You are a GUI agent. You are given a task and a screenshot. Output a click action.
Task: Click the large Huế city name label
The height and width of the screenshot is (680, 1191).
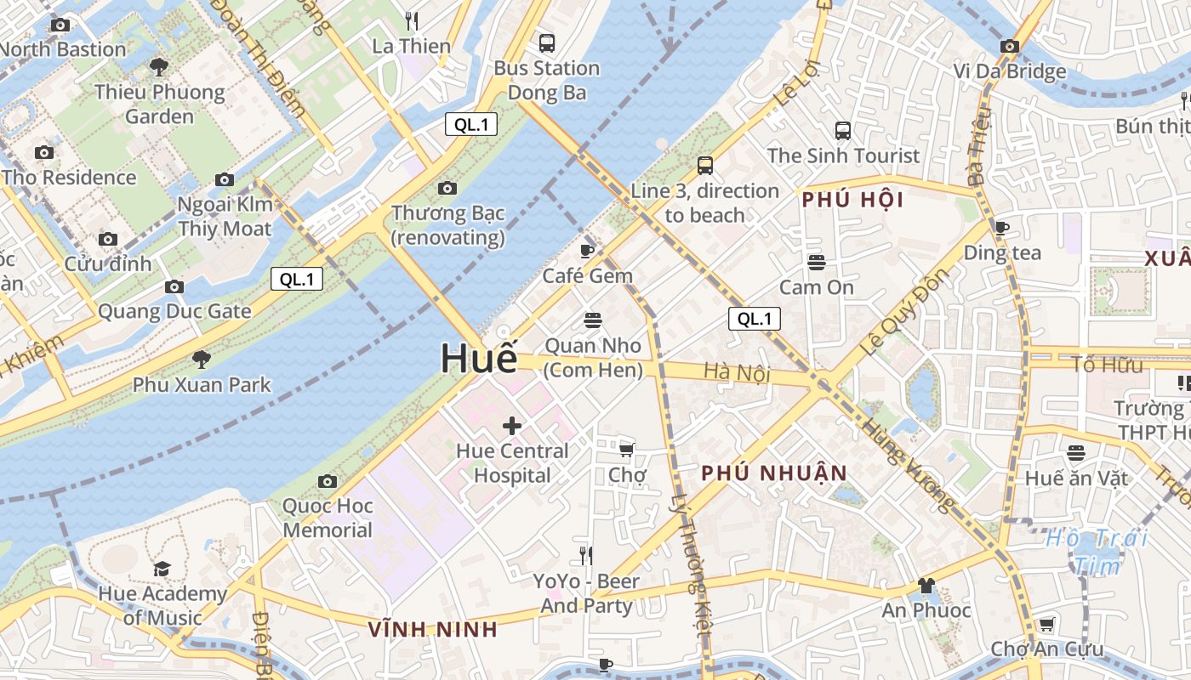478,358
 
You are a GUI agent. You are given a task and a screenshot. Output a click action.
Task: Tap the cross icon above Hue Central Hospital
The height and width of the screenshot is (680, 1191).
512,425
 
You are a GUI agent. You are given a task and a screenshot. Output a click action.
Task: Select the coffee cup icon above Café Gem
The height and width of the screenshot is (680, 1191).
587,251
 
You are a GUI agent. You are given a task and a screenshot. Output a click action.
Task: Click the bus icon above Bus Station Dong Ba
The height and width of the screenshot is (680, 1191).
547,42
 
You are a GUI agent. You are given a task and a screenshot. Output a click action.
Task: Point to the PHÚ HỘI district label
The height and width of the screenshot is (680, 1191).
852,201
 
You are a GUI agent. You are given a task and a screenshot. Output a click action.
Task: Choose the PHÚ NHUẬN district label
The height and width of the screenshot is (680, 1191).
774,473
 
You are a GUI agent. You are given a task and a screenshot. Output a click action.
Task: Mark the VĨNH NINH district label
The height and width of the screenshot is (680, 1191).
433,630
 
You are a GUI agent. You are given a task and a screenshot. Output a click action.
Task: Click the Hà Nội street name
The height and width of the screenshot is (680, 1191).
737,372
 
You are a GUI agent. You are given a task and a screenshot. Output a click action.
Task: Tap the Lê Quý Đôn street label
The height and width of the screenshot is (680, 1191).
903,313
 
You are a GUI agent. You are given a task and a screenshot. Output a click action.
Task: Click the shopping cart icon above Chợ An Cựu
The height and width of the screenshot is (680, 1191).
1046,625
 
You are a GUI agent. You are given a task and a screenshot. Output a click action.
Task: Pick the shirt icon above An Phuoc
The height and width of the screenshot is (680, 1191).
926,586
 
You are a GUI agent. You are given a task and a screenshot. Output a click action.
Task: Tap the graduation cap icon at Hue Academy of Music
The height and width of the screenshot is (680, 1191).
162,569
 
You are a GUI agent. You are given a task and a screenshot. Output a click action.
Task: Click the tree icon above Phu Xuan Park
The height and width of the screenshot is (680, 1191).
202,360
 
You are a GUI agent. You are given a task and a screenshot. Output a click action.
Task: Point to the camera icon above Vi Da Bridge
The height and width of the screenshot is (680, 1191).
1010,47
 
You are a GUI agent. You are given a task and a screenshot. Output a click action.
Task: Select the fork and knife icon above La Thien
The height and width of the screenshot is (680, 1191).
412,20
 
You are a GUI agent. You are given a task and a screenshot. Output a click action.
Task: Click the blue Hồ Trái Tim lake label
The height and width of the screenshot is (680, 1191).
1097,551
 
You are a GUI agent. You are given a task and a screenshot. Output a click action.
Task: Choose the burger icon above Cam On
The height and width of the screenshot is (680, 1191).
817,262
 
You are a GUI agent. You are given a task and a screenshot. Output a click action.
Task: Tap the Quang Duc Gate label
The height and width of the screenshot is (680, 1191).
174,311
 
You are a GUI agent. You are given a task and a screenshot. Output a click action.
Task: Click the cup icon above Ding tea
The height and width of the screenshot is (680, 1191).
1002,228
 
